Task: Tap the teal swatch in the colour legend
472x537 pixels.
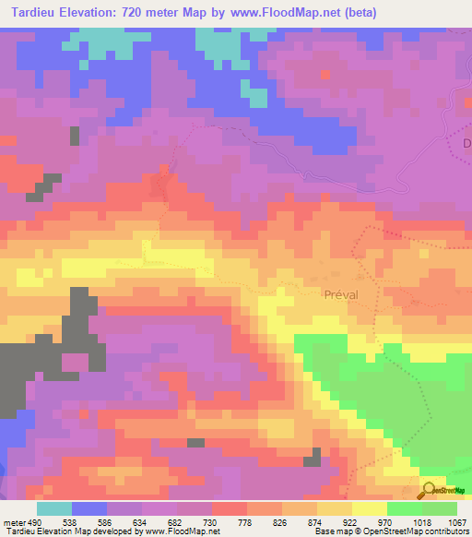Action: click(54, 509)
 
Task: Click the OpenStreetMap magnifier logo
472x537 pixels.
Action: click(429, 490)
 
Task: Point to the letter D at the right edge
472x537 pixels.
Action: click(466, 144)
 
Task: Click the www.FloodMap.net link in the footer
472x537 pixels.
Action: click(171, 531)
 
